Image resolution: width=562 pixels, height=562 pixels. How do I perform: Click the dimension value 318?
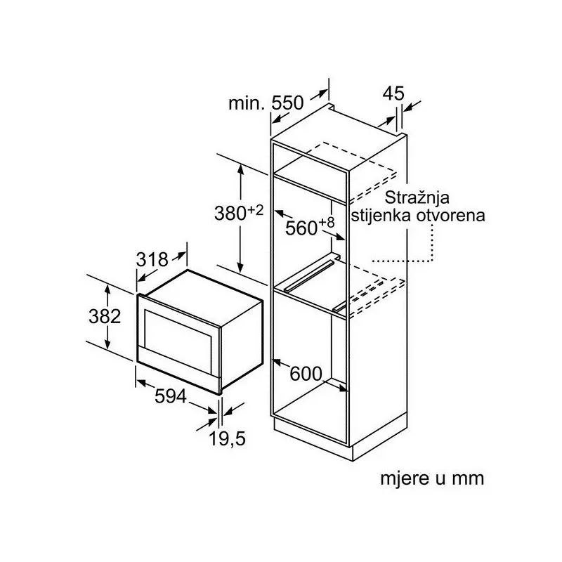coord(152,260)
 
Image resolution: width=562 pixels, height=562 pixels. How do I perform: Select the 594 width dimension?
coord(171,397)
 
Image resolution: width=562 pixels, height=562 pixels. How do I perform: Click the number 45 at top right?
coord(395,93)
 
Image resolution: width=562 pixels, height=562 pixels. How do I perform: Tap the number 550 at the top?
coord(287,103)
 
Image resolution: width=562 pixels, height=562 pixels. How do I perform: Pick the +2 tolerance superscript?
coord(255,209)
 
